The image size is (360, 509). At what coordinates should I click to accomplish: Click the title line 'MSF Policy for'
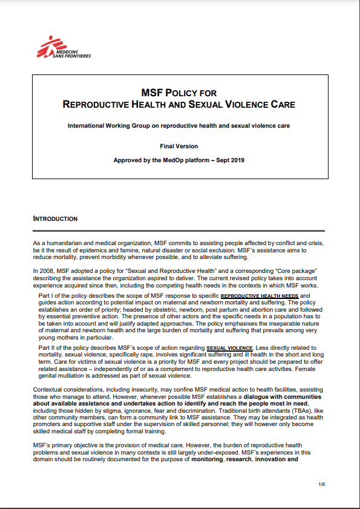(x=178, y=93)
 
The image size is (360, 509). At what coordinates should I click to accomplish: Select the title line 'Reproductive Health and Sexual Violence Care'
(x=179, y=105)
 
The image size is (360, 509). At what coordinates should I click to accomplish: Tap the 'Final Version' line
(x=179, y=146)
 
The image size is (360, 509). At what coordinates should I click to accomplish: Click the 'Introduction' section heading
(x=55, y=218)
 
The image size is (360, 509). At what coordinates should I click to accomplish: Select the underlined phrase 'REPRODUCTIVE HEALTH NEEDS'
(x=260, y=296)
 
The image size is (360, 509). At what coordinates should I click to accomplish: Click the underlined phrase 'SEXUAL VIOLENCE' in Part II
(x=229, y=349)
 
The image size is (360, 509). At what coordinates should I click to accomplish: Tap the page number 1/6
(x=322, y=485)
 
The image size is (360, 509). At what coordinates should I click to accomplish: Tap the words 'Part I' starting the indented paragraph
(x=46, y=296)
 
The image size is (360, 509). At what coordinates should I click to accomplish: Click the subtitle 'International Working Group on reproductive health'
(x=179, y=126)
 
